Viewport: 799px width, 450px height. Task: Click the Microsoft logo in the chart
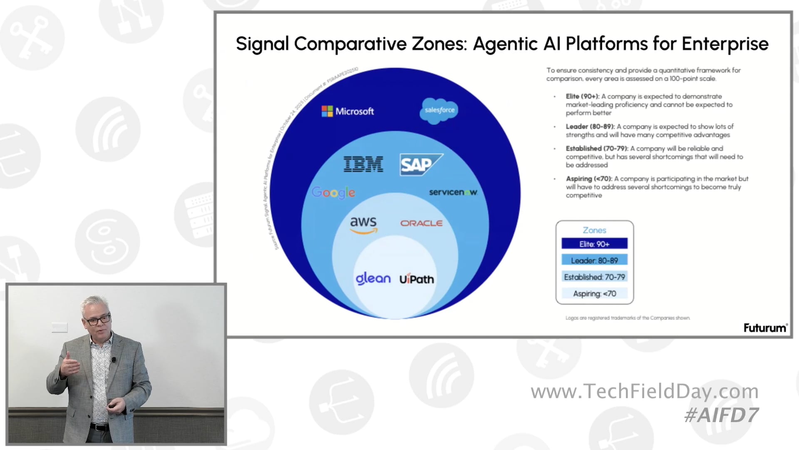tap(348, 111)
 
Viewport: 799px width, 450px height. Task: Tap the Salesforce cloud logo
tap(439, 110)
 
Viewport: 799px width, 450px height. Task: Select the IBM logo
tap(363, 164)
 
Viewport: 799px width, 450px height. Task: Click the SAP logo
tap(420, 165)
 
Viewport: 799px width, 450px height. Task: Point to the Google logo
tap(333, 192)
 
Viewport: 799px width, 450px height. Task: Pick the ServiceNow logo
tap(453, 192)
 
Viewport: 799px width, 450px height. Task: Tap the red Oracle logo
tap(421, 223)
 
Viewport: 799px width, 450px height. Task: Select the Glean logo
tap(373, 278)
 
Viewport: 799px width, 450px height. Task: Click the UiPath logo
tap(417, 279)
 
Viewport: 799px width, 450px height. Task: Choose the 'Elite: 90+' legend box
tap(594, 244)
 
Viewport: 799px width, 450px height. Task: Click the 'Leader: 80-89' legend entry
tap(594, 260)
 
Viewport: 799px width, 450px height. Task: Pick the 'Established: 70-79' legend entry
tap(594, 277)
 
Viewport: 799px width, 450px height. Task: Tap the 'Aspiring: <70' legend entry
tap(594, 294)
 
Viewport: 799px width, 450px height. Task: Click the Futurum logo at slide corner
tap(765, 328)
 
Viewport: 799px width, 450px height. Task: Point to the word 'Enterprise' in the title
tap(725, 44)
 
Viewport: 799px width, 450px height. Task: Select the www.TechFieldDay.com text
tap(645, 391)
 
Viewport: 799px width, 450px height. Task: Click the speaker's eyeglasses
tap(98, 320)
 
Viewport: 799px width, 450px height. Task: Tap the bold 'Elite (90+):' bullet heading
tap(582, 96)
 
